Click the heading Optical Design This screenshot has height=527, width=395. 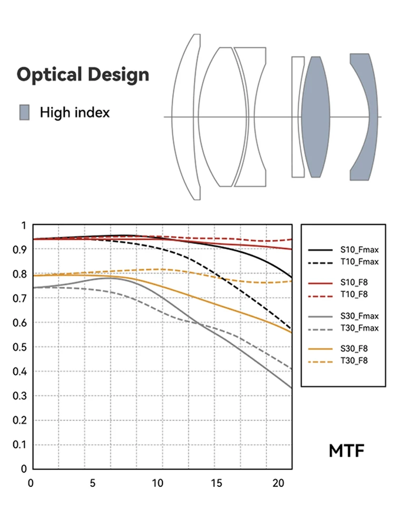tap(83, 74)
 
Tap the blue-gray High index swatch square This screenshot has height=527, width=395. tap(25, 112)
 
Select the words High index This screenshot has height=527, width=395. tap(75, 112)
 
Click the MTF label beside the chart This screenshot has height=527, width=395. tap(347, 451)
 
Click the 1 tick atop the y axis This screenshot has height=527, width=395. tap(23, 226)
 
